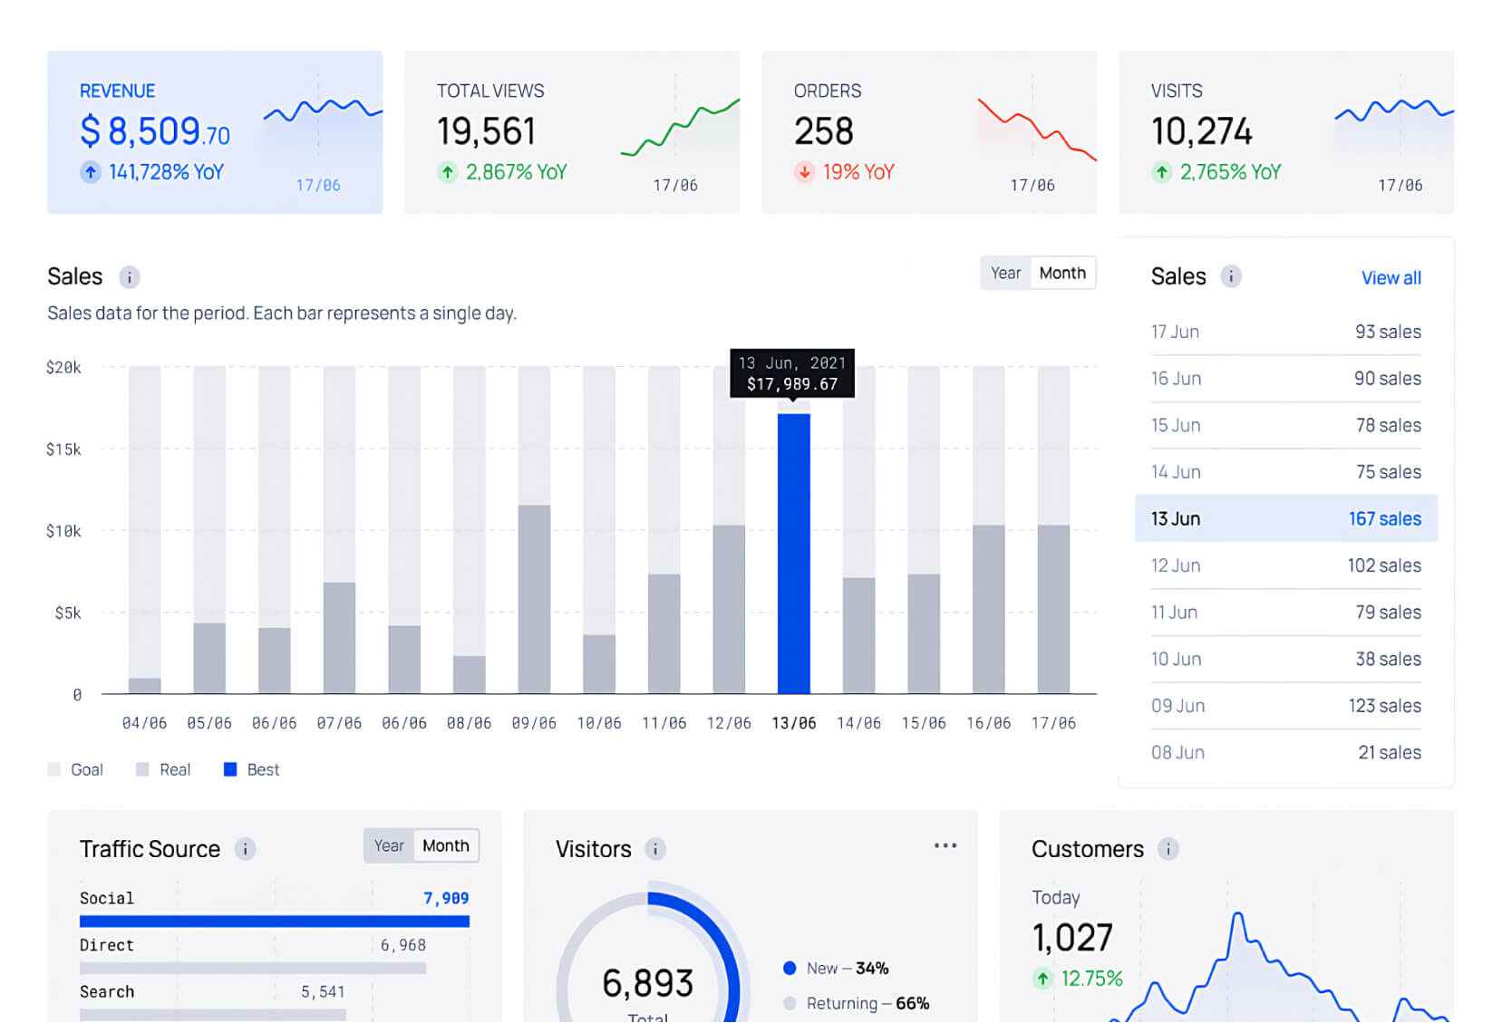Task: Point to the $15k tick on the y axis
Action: click(63, 449)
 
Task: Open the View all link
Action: click(1391, 278)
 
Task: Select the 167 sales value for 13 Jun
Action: click(1384, 519)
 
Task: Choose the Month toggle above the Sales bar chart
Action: click(1061, 274)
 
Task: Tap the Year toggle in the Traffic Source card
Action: click(389, 846)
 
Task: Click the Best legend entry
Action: click(252, 770)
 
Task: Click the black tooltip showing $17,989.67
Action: click(792, 373)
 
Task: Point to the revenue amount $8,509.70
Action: click(155, 131)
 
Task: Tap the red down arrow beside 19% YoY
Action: click(804, 172)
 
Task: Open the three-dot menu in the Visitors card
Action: click(945, 846)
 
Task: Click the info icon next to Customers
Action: click(1168, 850)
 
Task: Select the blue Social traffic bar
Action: click(274, 922)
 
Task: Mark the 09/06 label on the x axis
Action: click(534, 724)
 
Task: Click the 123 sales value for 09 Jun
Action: click(1384, 706)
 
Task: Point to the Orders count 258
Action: click(823, 131)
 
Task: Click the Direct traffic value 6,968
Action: click(402, 946)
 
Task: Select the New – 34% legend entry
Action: click(836, 969)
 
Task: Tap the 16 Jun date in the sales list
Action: click(1176, 379)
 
